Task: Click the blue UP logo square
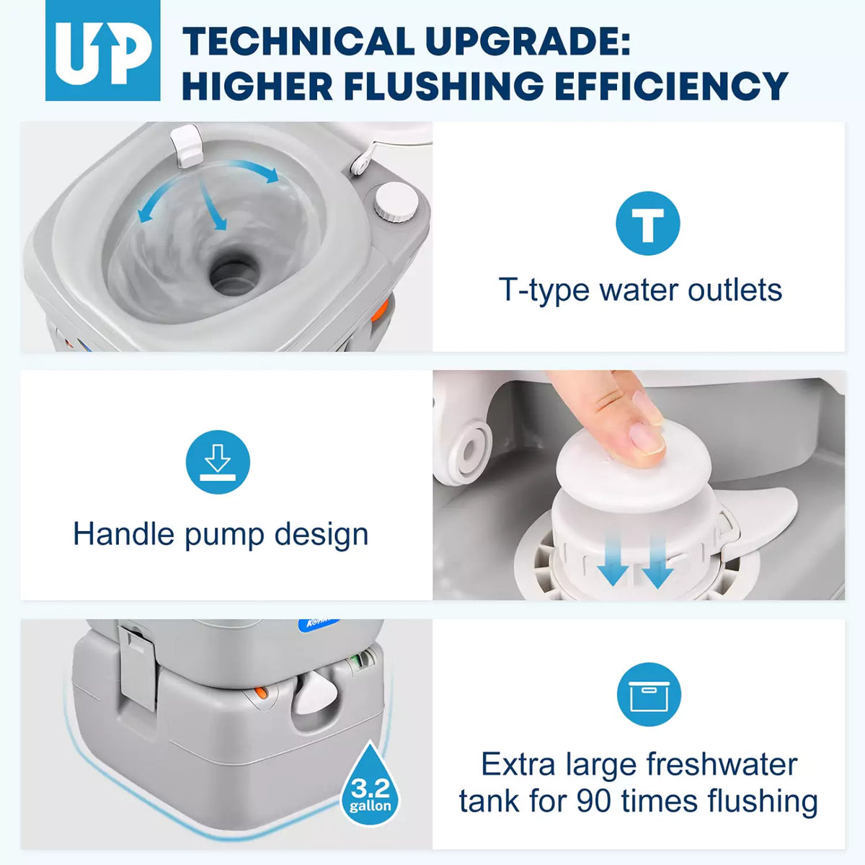pyautogui.click(x=102, y=50)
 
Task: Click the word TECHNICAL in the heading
pyautogui.click(x=296, y=41)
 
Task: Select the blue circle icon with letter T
pyautogui.click(x=647, y=223)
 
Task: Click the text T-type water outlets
pyautogui.click(x=640, y=290)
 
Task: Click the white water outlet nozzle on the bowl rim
pyautogui.click(x=186, y=144)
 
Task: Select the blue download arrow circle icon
pyautogui.click(x=218, y=462)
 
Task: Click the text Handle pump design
pyautogui.click(x=221, y=534)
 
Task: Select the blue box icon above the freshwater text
pyautogui.click(x=648, y=695)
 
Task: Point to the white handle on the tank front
pyautogui.click(x=315, y=696)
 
